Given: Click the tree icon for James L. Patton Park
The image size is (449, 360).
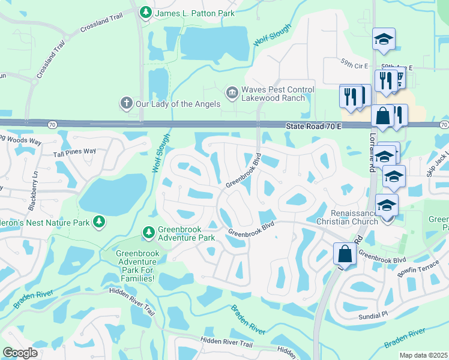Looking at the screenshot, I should pos(145,12).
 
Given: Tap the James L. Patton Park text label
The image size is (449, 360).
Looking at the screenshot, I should pos(194,13).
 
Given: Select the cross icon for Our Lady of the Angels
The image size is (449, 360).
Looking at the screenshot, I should pos(125,103).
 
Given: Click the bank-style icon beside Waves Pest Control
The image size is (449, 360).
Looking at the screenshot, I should pos(231,92).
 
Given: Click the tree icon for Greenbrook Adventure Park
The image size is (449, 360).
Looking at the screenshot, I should pos(148,232).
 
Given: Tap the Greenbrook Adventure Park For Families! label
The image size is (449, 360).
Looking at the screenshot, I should pos(138,266).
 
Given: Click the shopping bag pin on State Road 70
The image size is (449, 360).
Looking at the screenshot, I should pos(382,116).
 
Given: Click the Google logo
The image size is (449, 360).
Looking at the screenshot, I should pos(20,353).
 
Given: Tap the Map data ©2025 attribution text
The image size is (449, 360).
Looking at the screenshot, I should pos(423,355).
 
